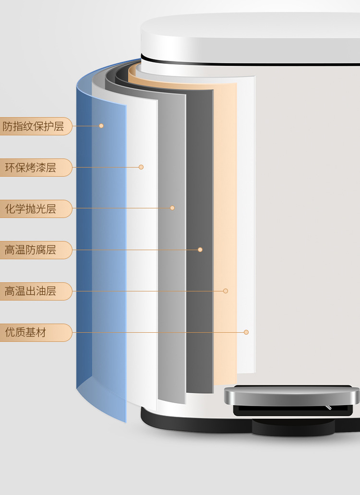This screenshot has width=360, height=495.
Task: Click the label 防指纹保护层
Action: tap(33, 126)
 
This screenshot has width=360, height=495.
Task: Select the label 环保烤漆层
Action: tap(31, 168)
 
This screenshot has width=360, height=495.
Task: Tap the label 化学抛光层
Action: tap(31, 209)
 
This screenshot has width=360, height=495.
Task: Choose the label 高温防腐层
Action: tap(31, 250)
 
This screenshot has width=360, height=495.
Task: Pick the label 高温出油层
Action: tap(31, 291)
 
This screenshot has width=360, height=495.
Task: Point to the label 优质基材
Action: tap(26, 333)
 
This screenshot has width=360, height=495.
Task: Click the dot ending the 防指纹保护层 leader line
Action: tap(101, 126)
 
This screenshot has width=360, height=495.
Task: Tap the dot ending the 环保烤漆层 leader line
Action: tap(141, 167)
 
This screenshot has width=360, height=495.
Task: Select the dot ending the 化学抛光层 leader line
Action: tap(172, 208)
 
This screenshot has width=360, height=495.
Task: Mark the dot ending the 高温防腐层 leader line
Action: tap(200, 250)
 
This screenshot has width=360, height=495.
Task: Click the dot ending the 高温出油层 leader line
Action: tap(226, 291)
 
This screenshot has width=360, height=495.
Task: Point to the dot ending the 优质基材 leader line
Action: tap(246, 332)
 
